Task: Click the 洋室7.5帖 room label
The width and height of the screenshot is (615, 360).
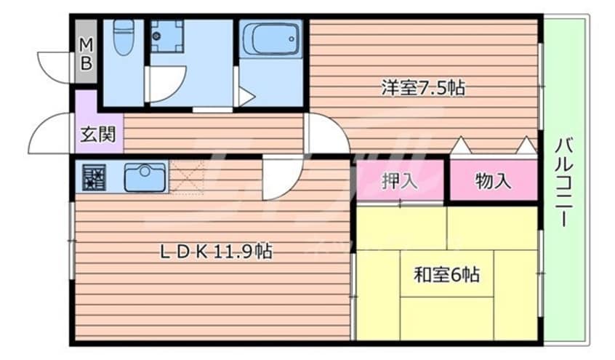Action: coord(423,89)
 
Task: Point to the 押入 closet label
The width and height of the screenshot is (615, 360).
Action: coord(399,181)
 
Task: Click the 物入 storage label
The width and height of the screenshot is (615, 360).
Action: coord(493,181)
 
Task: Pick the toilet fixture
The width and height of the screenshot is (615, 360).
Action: coord(125,36)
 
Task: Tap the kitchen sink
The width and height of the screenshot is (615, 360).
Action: coord(145,177)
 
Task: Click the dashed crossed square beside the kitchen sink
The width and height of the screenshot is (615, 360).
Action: coord(186,178)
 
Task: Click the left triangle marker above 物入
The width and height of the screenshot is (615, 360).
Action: coord(459,145)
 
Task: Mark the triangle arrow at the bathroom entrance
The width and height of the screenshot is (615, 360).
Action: coord(245,95)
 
